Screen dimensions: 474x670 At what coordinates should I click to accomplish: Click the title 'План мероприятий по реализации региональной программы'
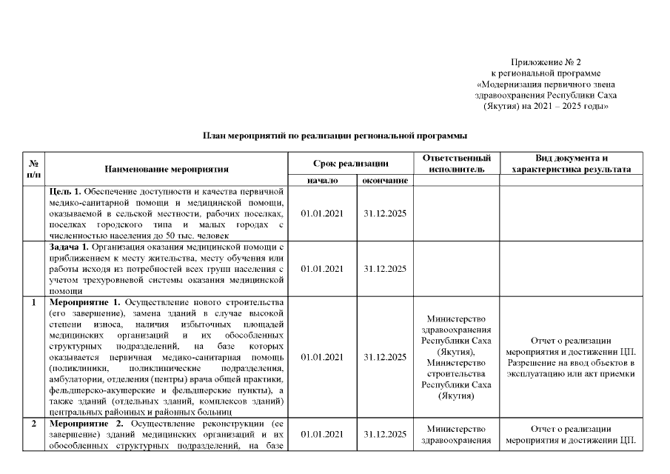point(335,136)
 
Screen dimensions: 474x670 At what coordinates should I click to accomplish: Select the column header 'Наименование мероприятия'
point(167,169)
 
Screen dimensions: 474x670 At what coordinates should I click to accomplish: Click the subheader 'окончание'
point(385,180)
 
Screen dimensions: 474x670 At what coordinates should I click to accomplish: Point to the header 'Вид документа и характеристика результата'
point(571,163)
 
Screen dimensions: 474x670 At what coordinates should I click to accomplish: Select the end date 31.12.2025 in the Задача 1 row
point(385,268)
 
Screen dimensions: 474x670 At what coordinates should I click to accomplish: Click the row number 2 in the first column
point(33,424)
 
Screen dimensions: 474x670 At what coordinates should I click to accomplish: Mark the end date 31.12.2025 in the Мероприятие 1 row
point(385,357)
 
